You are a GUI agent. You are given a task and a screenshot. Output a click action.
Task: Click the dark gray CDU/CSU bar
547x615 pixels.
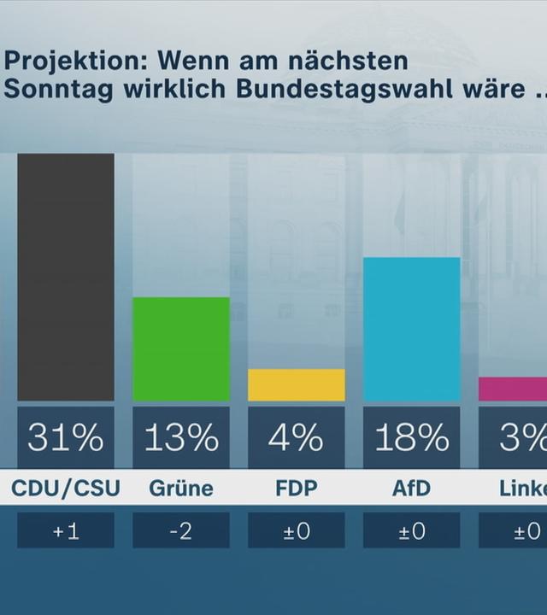click(x=66, y=277)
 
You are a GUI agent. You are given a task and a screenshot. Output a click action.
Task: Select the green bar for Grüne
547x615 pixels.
click(x=181, y=348)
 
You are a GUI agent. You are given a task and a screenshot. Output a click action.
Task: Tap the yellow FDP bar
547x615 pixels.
click(x=297, y=385)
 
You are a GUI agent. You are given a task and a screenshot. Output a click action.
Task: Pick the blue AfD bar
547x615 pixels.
click(x=412, y=329)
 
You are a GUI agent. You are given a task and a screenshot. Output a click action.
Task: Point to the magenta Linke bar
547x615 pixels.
click(x=513, y=389)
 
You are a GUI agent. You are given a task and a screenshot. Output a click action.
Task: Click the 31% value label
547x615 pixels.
click(x=66, y=438)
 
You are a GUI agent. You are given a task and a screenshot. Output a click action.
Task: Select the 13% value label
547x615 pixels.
click(x=181, y=438)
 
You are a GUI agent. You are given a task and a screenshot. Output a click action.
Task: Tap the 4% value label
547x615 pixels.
click(x=297, y=438)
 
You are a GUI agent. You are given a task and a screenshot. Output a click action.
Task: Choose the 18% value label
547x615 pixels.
click(x=412, y=438)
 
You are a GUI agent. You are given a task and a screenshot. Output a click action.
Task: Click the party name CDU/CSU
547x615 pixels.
click(x=66, y=489)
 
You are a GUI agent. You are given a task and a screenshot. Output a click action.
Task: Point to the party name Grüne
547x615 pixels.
click(x=181, y=489)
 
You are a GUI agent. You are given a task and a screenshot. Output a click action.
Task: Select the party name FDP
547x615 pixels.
click(x=297, y=489)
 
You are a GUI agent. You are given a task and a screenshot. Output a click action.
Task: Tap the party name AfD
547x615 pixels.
click(x=412, y=489)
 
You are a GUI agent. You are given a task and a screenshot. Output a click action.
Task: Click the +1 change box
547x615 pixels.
click(x=66, y=530)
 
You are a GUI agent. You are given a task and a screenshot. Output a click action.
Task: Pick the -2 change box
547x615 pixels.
click(x=181, y=530)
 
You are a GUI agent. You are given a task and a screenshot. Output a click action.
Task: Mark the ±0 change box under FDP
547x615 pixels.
click(x=297, y=530)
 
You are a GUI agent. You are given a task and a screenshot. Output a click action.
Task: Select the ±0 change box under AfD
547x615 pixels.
click(x=412, y=530)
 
